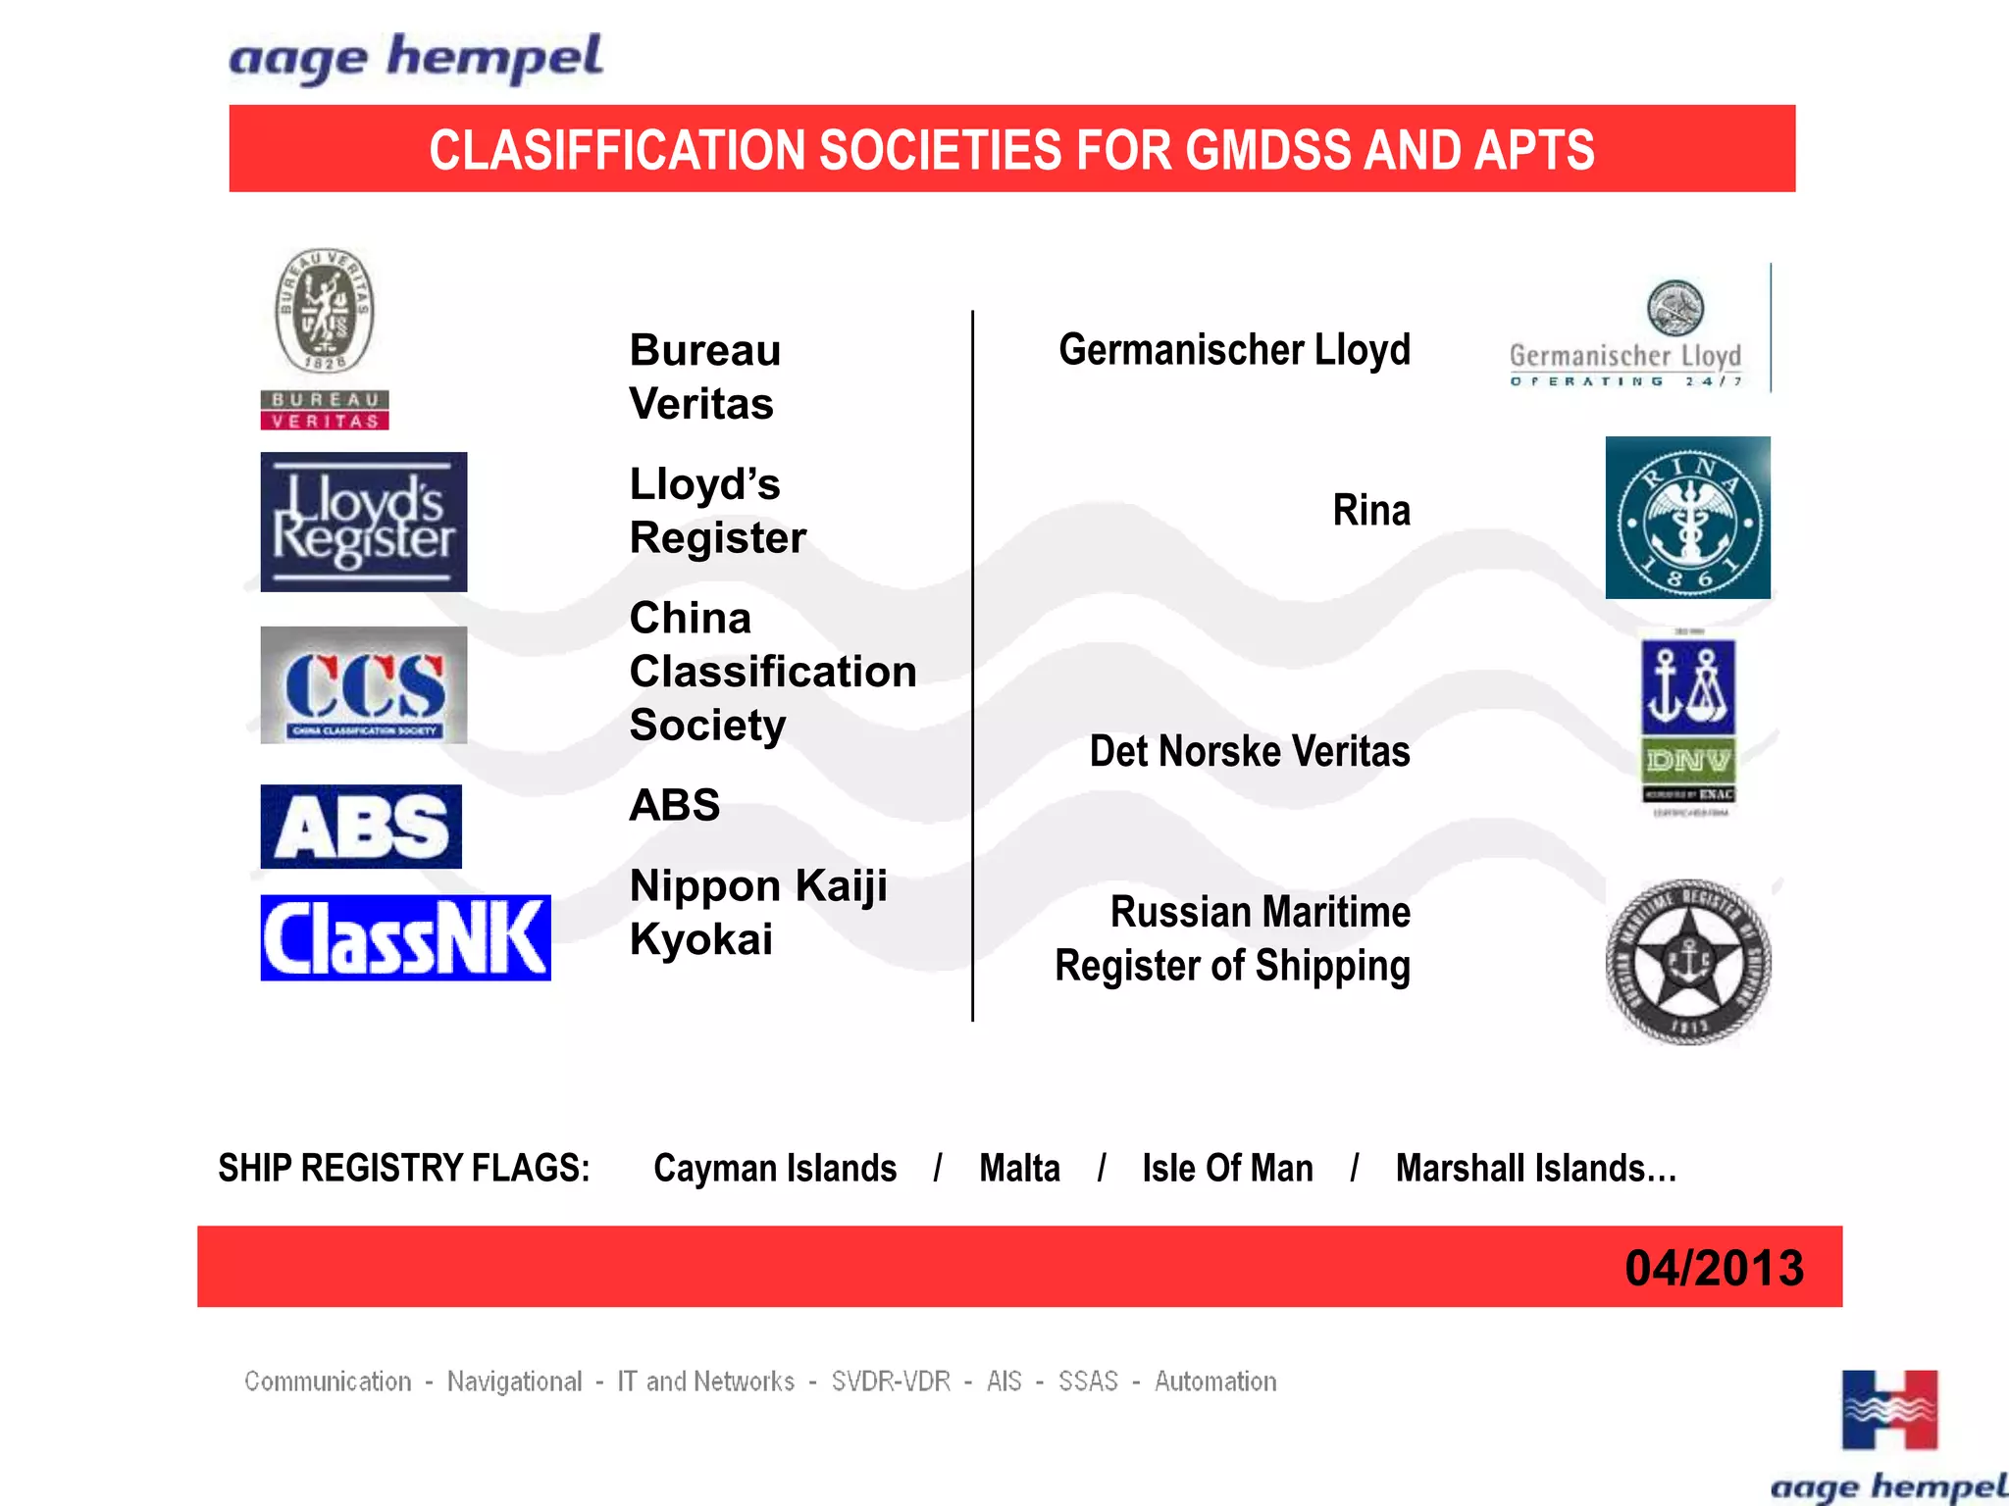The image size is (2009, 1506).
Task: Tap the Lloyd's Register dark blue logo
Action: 364,522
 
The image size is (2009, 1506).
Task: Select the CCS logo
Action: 364,685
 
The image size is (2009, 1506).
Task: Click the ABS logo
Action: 361,827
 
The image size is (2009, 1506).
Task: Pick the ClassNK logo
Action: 405,937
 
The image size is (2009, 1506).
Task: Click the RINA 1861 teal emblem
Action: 1687,518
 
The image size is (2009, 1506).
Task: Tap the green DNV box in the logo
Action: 1688,760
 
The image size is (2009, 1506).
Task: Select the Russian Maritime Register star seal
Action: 1688,962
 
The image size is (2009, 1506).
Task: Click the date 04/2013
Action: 1713,1268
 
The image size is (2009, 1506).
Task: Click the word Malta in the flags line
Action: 1019,1169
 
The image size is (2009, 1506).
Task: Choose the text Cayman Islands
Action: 775,1169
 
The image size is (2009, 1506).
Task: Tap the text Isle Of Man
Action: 1227,1169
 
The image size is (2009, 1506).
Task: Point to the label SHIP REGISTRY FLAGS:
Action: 403,1169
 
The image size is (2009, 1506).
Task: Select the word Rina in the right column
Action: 1370,511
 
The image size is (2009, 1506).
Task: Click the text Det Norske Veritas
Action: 1249,752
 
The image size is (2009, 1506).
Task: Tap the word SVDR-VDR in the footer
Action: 891,1381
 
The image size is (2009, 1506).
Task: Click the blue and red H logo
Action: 1889,1410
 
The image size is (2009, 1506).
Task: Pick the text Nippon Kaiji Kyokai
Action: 757,912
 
